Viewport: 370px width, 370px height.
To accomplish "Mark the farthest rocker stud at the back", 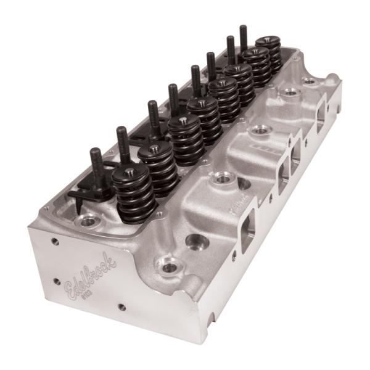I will coord(243,38).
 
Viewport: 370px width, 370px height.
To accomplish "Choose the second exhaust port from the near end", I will coord(283,173).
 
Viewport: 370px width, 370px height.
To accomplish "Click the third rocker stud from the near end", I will coord(154,117).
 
